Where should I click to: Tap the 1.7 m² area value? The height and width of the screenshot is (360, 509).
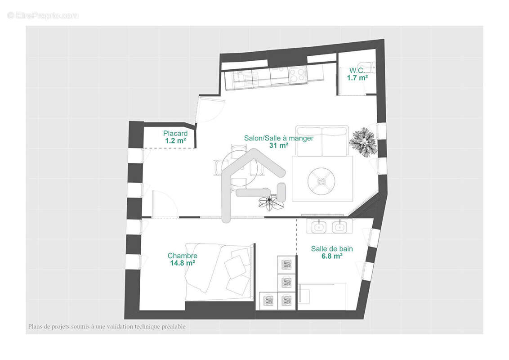click(x=357, y=77)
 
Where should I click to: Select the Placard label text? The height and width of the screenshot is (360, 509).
click(x=175, y=134)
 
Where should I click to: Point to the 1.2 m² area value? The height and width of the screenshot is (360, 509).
click(x=175, y=141)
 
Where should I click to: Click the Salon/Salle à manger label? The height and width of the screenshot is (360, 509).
click(x=278, y=138)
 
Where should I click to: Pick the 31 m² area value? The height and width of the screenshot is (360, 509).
click(x=278, y=145)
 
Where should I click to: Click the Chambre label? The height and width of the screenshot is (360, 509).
click(x=182, y=256)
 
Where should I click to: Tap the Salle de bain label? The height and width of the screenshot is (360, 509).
click(x=332, y=249)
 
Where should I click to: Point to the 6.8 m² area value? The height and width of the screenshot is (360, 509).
click(x=332, y=256)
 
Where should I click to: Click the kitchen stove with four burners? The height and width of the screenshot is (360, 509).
click(x=297, y=74)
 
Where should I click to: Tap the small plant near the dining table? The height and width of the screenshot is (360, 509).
click(x=271, y=202)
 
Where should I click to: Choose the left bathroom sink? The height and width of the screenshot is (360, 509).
click(x=319, y=227)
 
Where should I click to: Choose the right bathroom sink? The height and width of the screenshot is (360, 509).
click(x=339, y=227)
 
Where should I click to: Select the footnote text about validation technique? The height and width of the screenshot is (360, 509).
click(x=107, y=327)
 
